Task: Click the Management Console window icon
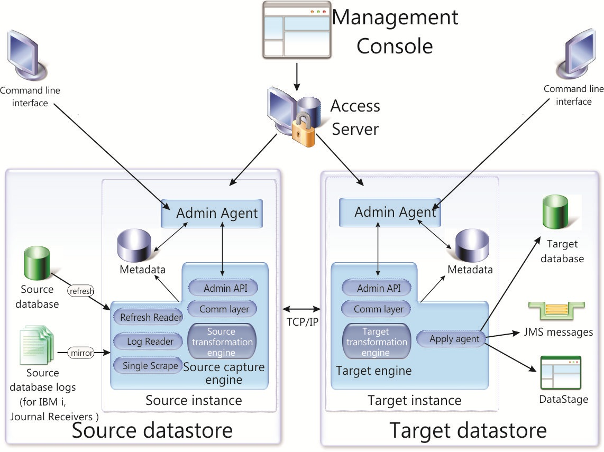(x=297, y=30)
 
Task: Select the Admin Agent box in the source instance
(x=212, y=213)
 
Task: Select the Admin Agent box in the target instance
(x=390, y=212)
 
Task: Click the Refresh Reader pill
(x=148, y=317)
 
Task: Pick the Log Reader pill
(x=148, y=341)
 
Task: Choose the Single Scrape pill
(x=148, y=365)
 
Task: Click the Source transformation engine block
(x=222, y=342)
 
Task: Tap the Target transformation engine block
(x=377, y=342)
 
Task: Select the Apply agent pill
(x=451, y=339)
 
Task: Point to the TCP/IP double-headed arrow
(x=301, y=309)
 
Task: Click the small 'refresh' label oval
(x=81, y=291)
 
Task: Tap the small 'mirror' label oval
(x=81, y=353)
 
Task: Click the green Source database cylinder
(x=37, y=263)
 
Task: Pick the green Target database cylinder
(x=555, y=212)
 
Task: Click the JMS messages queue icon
(x=556, y=311)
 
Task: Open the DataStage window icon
(x=561, y=373)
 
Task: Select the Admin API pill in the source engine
(x=223, y=288)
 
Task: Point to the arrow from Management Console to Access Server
(x=297, y=77)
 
